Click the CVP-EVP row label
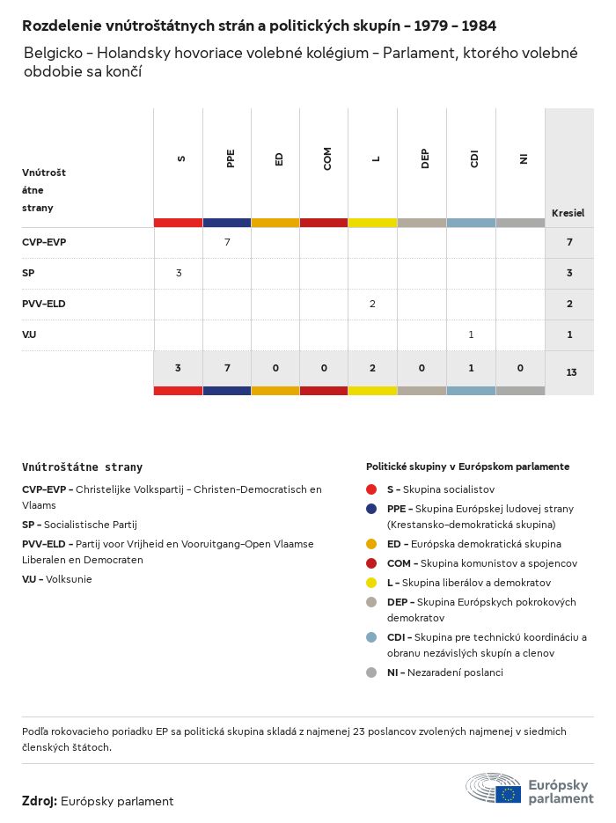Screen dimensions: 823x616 pos(44,241)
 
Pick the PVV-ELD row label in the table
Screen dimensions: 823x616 pos(44,304)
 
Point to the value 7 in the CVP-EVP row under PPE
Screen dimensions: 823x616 pos(227,241)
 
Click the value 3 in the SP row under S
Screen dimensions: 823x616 pos(179,273)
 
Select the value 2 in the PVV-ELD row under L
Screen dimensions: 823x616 pos(373,304)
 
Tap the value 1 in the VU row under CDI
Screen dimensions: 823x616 pos(471,334)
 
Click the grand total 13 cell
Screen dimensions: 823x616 pos(571,372)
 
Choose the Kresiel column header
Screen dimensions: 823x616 pos(568,213)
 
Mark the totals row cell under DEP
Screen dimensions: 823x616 pos(422,368)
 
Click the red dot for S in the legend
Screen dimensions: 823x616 pos(372,489)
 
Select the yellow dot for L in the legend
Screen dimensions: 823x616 pos(372,583)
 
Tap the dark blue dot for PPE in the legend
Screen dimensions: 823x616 pos(372,509)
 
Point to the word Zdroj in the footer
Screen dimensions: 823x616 pos(40,801)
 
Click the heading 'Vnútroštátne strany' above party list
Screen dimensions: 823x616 pos(82,467)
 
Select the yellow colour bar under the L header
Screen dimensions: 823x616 pos(373,223)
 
